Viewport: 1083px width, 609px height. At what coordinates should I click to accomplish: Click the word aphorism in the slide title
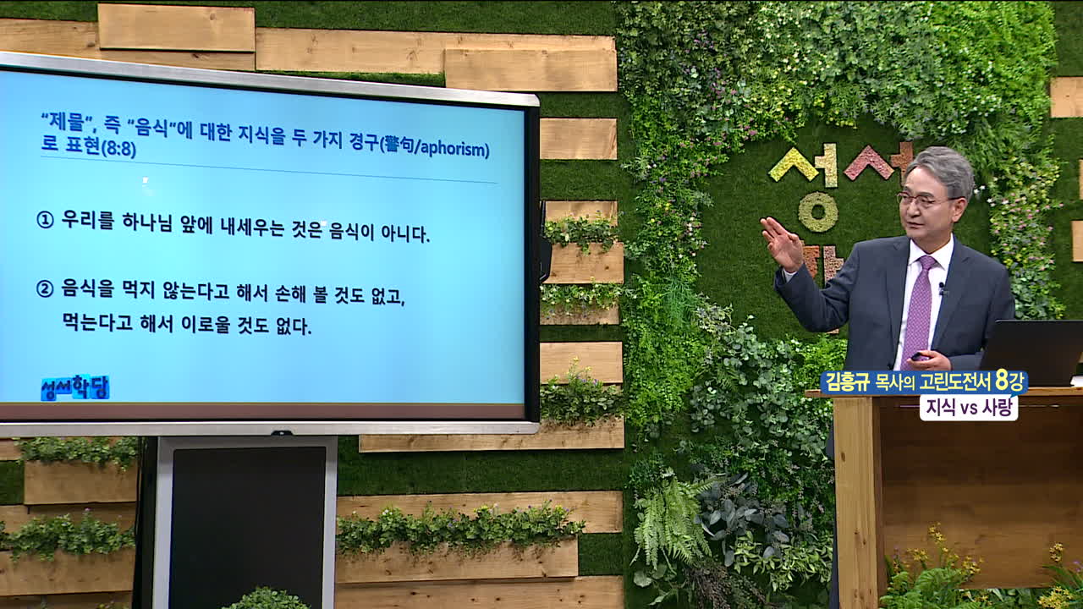point(454,149)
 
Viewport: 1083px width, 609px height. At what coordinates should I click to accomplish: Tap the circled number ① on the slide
point(45,221)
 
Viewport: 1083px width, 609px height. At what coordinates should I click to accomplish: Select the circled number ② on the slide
point(45,289)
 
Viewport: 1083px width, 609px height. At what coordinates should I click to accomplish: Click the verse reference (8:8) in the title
point(118,149)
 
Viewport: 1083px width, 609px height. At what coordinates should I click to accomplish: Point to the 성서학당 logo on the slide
point(75,387)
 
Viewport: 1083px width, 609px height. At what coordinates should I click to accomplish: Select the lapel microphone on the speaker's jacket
point(942,288)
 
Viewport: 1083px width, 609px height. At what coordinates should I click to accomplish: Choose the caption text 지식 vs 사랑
point(969,408)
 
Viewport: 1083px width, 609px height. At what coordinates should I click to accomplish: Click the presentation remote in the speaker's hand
point(918,357)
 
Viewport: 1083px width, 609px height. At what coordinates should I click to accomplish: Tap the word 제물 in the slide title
point(66,122)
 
